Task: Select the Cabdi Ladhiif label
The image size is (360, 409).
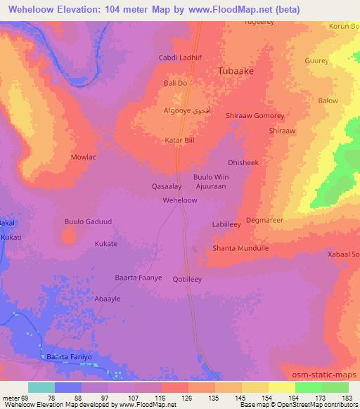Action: [180, 58]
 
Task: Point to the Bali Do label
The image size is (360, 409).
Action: [175, 83]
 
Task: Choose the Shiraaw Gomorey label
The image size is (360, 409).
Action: [255, 116]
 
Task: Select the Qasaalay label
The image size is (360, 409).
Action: [167, 187]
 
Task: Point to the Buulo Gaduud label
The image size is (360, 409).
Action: [89, 221]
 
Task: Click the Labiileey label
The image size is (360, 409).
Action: [226, 225]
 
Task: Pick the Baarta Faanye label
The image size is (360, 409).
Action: [139, 278]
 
